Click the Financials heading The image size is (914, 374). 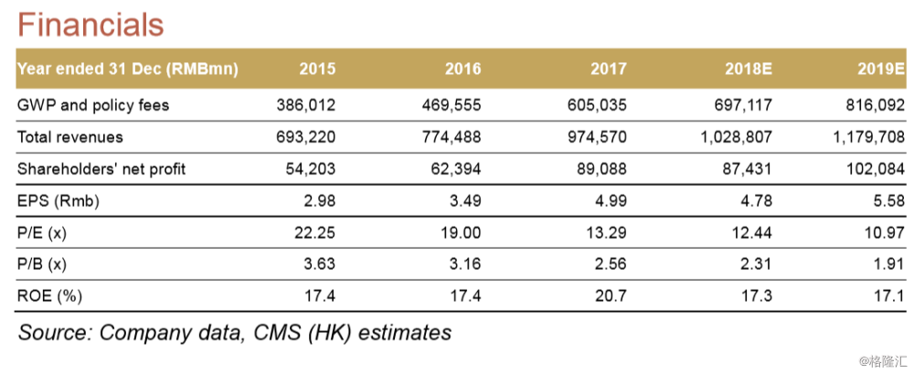(x=90, y=24)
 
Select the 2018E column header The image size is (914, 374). (x=748, y=69)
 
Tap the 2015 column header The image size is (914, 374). (x=316, y=69)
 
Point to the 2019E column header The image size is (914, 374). (x=881, y=69)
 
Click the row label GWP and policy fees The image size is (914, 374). (x=93, y=105)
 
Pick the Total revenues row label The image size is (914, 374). (x=70, y=137)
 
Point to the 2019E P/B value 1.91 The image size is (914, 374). (x=888, y=264)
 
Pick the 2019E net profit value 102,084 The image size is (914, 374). (x=875, y=169)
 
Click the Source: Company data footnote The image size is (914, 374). (x=234, y=332)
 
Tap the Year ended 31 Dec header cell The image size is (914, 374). (x=127, y=69)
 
